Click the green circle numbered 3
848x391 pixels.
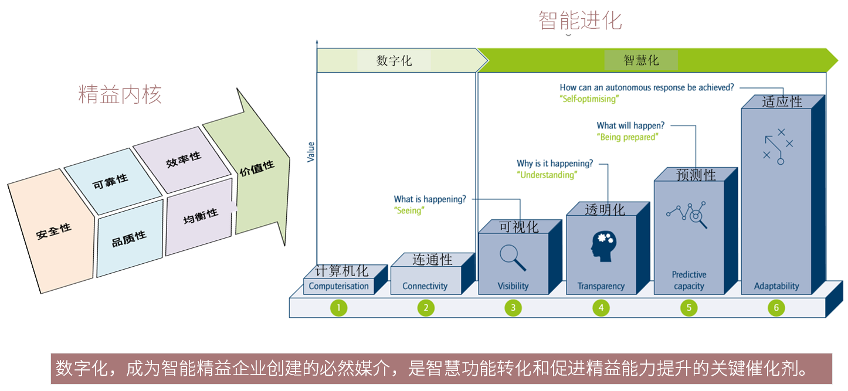pos(513,308)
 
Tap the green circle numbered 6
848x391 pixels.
pos(776,308)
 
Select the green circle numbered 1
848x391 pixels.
pos(338,308)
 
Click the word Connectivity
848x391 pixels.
pos(425,286)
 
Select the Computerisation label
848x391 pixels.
pos(338,286)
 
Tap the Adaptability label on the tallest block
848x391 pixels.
pos(776,286)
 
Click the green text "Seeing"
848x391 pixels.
pos(409,210)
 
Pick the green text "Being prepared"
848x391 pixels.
pos(627,137)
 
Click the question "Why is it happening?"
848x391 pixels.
pos(555,164)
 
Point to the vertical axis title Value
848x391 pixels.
pos(311,152)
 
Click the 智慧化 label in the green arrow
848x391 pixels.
pos(641,60)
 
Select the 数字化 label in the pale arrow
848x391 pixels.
pos(394,60)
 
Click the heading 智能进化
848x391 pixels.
pos(580,21)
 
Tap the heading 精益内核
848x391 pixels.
pos(120,94)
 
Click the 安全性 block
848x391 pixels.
pos(53,232)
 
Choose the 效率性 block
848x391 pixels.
pos(183,158)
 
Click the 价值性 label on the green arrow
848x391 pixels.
pos(257,169)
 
